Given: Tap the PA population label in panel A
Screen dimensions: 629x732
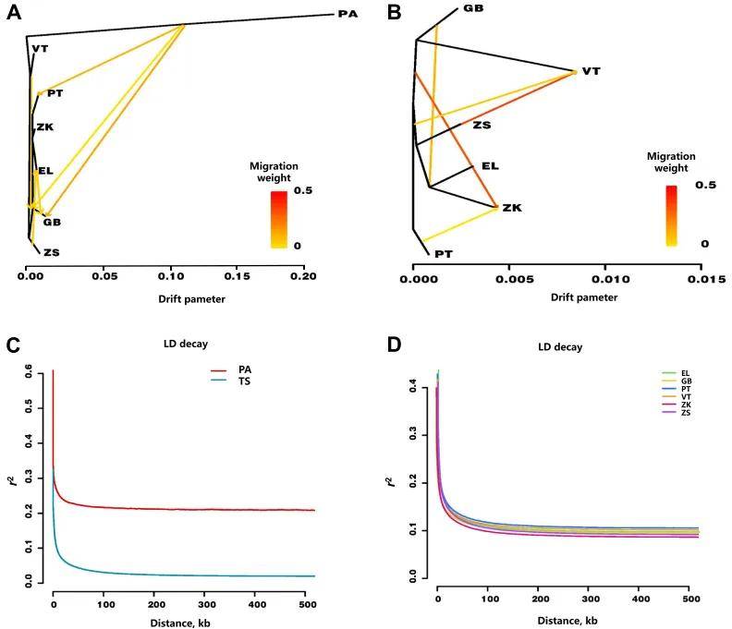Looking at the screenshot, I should (348, 15).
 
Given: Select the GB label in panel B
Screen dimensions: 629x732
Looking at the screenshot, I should (472, 9).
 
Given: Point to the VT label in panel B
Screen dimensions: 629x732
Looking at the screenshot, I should (592, 71).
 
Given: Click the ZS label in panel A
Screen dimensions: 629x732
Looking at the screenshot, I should (51, 251).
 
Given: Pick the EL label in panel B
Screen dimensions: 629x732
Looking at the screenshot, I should (490, 166).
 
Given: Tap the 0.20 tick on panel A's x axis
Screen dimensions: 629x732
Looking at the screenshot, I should (303, 276).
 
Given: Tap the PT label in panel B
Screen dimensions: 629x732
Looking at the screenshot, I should (434, 252).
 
